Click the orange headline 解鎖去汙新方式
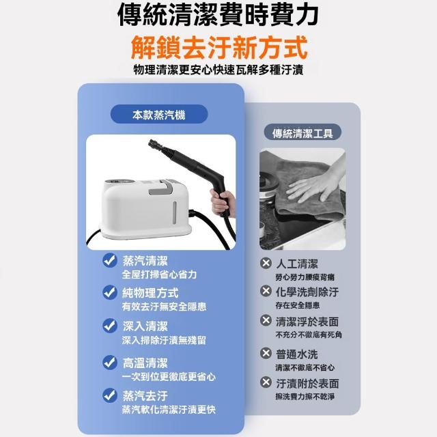(x=219, y=47)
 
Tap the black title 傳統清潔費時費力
(x=218, y=14)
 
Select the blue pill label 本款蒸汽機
(x=159, y=114)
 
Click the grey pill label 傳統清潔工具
(x=302, y=133)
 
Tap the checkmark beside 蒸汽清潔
(x=110, y=260)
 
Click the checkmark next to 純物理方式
(x=110, y=292)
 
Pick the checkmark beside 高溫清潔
(x=110, y=363)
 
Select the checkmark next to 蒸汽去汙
(x=110, y=395)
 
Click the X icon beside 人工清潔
(x=266, y=263)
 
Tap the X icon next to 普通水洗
(x=266, y=353)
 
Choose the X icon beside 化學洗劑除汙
(x=266, y=291)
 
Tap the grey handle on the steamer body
(x=162, y=187)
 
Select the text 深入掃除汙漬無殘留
(x=164, y=340)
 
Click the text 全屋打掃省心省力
(x=159, y=274)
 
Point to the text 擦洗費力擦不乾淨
(x=305, y=396)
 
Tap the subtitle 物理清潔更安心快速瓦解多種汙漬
(x=218, y=70)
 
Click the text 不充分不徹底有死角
(x=309, y=335)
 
